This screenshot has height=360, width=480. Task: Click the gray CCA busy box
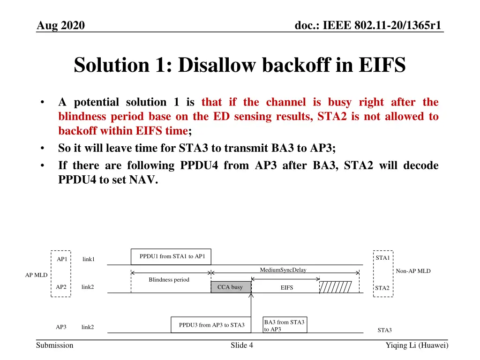coord(231,287)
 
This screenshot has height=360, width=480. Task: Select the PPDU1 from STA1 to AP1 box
coord(171,256)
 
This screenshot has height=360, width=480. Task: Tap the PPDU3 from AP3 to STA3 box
coord(211,325)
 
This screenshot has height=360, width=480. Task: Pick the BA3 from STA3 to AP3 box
coord(285,325)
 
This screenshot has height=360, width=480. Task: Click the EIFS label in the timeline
coord(286,288)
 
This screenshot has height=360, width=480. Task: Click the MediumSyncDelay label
coord(283,270)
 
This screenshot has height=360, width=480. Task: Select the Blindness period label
coord(169,280)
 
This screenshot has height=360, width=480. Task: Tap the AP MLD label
coord(36,275)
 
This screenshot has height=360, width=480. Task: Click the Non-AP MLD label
coord(413,271)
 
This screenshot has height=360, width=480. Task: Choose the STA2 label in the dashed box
coord(382,288)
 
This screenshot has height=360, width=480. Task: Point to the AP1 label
coord(61,259)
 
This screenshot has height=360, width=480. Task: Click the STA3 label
coord(384,330)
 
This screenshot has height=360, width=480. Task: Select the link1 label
coord(89,259)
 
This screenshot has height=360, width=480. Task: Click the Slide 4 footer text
coord(242,345)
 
